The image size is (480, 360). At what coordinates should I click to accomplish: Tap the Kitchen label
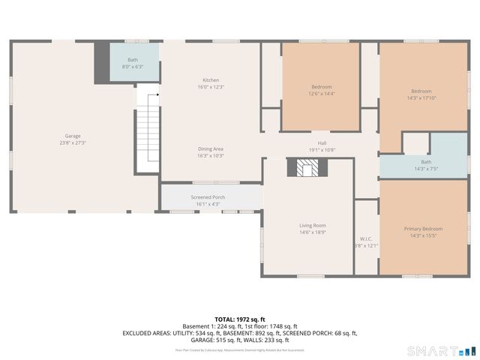coord(211,80)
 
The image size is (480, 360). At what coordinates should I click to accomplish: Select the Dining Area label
coord(211,148)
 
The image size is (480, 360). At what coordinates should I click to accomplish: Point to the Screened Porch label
coord(208,197)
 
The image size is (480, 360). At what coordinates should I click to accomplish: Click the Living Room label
coord(313,225)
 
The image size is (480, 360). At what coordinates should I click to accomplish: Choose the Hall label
coord(322,142)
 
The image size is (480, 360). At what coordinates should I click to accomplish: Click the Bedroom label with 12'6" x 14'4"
coord(322,86)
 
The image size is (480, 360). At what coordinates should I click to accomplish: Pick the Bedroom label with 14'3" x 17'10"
coord(421,91)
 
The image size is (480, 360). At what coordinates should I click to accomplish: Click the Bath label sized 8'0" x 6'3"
coord(133,59)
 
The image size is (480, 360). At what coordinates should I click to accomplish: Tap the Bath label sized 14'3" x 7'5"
coord(426,162)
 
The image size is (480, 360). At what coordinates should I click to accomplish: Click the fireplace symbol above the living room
coord(305,169)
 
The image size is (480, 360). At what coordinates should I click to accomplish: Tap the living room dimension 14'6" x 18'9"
coord(313,232)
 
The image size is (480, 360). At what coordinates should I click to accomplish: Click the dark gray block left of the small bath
coord(101,63)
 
